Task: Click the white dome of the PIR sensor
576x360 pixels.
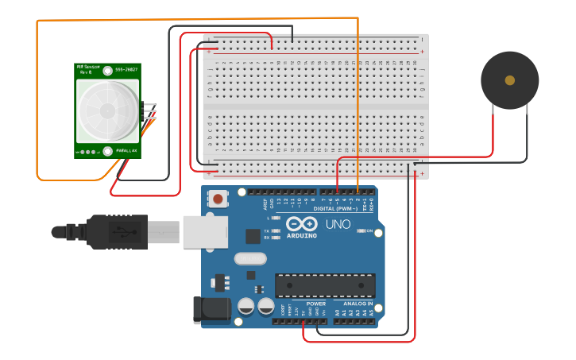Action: pyautogui.click(x=107, y=111)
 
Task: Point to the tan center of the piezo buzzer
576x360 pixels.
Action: pyautogui.click(x=509, y=80)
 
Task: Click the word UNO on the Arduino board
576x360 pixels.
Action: pyautogui.click(x=338, y=225)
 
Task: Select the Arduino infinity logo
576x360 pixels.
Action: pyautogui.click(x=302, y=224)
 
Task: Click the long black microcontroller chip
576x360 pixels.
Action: pyautogui.click(x=325, y=285)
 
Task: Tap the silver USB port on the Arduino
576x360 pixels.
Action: pyautogui.click(x=205, y=232)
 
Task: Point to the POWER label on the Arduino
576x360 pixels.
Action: pyautogui.click(x=315, y=304)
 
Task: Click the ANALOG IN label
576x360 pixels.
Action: pyautogui.click(x=358, y=304)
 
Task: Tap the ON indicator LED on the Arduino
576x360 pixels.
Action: pyautogui.click(x=359, y=231)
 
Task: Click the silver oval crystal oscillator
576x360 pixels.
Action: pyautogui.click(x=250, y=258)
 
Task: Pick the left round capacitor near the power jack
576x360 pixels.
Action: pyautogui.click(x=246, y=306)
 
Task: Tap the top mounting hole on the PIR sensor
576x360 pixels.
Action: pyautogui.click(x=107, y=71)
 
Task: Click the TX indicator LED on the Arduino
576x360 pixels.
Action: pyautogui.click(x=275, y=231)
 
